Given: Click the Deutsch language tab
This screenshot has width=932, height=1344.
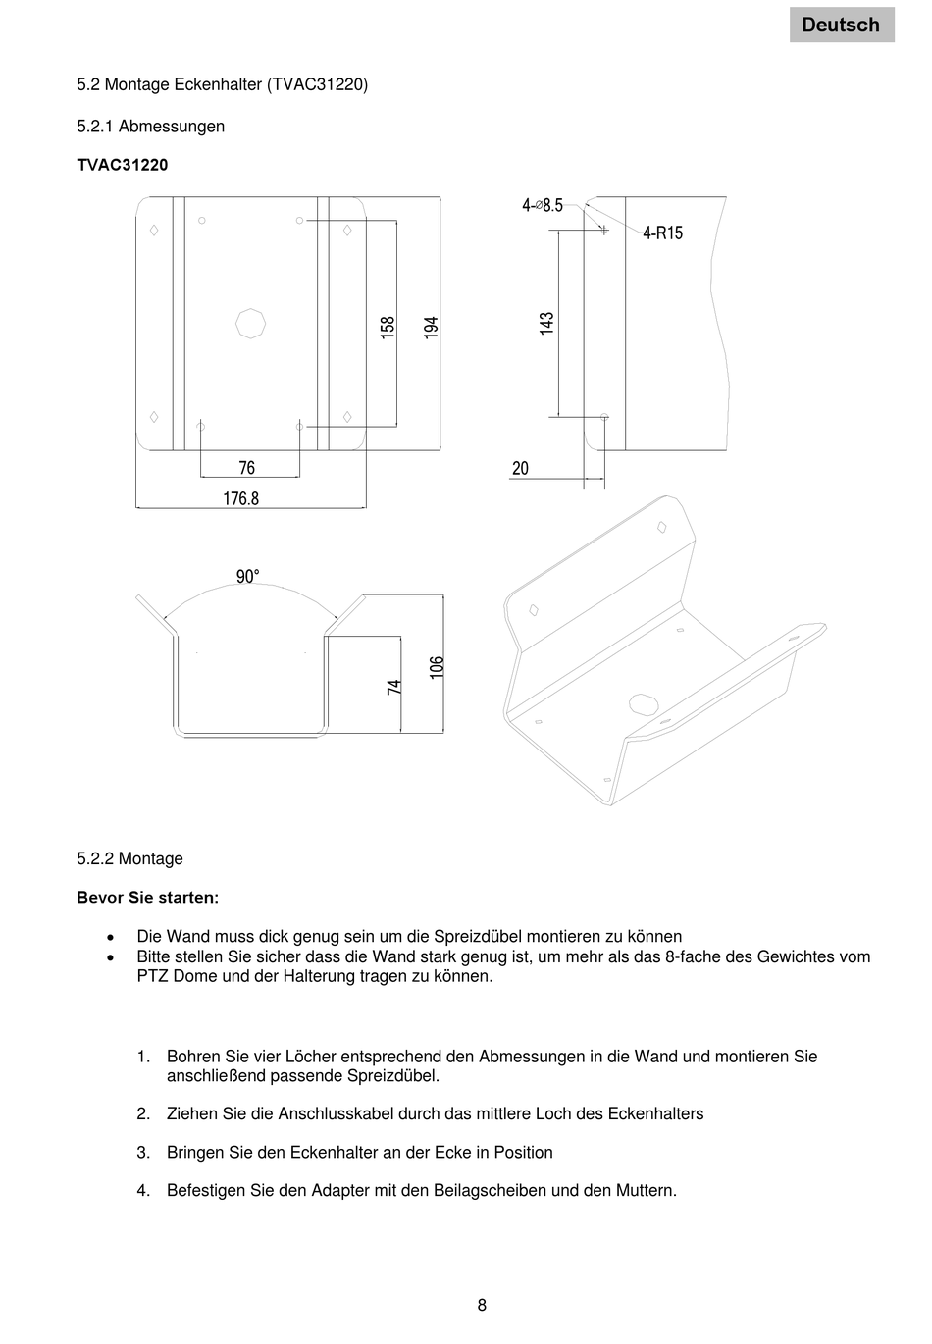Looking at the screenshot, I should [x=841, y=25].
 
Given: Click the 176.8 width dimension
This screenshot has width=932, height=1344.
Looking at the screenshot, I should [x=240, y=498].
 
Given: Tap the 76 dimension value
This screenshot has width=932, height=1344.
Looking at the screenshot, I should [x=247, y=468].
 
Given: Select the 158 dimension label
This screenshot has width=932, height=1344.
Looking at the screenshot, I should [x=388, y=328].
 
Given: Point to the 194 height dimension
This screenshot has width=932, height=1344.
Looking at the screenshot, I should [x=431, y=328].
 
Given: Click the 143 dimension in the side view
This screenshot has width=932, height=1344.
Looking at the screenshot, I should [x=547, y=324].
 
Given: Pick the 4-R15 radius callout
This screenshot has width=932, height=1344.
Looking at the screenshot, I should [x=662, y=233].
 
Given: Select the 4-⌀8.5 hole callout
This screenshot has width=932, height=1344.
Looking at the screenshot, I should [x=543, y=205].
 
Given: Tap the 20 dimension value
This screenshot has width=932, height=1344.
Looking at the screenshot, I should [x=520, y=468].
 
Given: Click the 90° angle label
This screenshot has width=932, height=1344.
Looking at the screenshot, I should [x=247, y=577].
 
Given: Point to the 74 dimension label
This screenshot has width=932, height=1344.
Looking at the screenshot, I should [x=394, y=688].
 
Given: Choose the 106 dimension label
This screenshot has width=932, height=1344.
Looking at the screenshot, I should [x=438, y=667].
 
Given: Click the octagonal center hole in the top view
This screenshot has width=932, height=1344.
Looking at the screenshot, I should [x=251, y=323].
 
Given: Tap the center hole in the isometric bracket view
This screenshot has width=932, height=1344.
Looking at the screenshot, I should [x=643, y=703].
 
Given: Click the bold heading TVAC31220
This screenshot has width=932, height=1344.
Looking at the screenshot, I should [x=123, y=165].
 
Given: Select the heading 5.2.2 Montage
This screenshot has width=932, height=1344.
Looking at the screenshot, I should [x=129, y=858].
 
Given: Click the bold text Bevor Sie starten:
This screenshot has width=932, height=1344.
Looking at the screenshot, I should [x=148, y=898].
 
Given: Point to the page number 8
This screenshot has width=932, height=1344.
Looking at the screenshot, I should [x=482, y=1305].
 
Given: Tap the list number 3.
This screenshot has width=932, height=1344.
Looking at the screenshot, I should [x=143, y=1152].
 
